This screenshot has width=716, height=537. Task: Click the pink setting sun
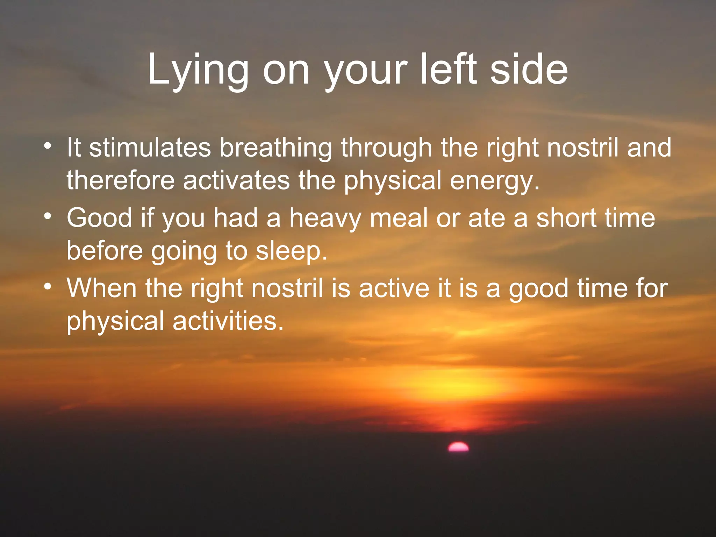tap(458, 447)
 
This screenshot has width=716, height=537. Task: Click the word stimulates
tap(150, 147)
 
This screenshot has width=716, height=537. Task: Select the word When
tap(101, 288)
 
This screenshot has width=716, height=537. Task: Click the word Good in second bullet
tap(99, 218)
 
